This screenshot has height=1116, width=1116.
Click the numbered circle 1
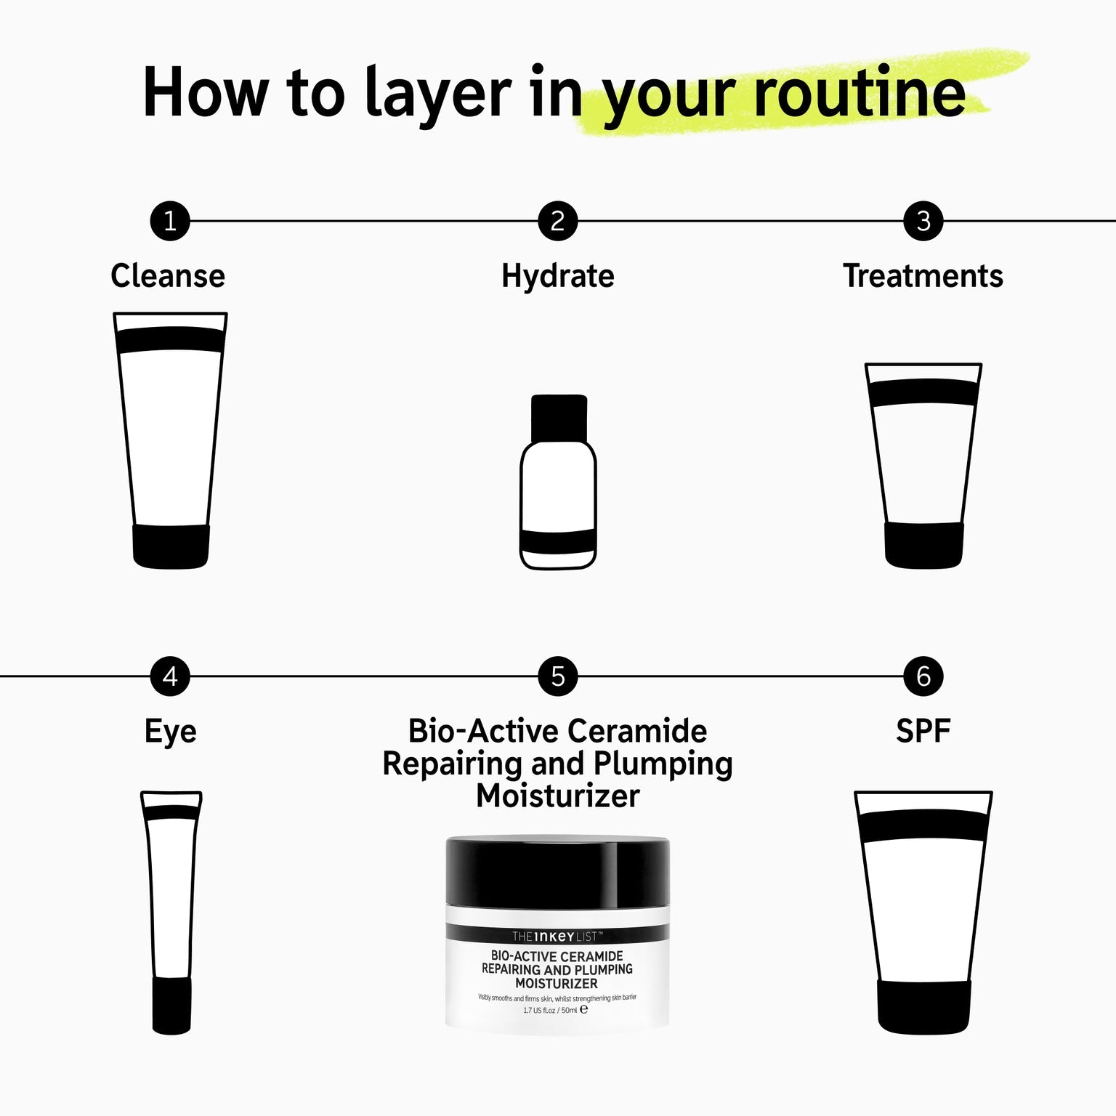[x=170, y=221]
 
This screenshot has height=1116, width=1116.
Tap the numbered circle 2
[x=558, y=221]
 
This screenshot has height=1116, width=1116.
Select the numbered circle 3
[x=923, y=221]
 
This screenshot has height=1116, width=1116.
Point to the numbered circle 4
[x=170, y=676]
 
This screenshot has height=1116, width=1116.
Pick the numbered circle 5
[x=558, y=676]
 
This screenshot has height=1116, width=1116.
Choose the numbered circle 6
[x=923, y=676]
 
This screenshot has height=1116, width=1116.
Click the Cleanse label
[x=168, y=276]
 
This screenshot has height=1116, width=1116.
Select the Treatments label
[x=923, y=276]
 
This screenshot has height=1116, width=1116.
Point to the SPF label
[x=923, y=731]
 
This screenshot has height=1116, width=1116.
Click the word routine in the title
[x=860, y=93]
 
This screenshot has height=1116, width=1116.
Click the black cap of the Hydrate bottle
[x=559, y=418]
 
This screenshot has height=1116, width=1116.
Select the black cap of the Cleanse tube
[x=171, y=546]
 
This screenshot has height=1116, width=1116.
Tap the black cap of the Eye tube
[x=171, y=1005]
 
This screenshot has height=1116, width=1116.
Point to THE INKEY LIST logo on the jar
[x=557, y=936]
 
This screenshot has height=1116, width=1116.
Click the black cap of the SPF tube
[x=923, y=1007]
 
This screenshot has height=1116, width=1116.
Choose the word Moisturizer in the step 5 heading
[x=558, y=796]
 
